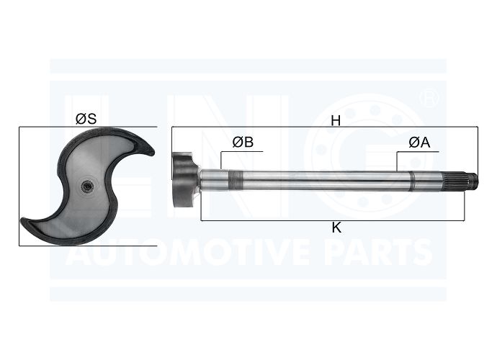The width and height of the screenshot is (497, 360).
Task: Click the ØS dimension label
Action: pos(86,119)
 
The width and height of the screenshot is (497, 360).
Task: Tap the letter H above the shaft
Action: pos(336,121)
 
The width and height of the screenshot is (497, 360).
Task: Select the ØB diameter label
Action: pos(243,143)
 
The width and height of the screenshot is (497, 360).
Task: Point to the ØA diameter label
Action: pos(419,143)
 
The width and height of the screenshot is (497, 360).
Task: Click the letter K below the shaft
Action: pos(336,228)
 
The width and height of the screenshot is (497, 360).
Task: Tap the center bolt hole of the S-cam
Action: pos(86,186)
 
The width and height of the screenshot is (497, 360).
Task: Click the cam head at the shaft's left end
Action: pos(184,180)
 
